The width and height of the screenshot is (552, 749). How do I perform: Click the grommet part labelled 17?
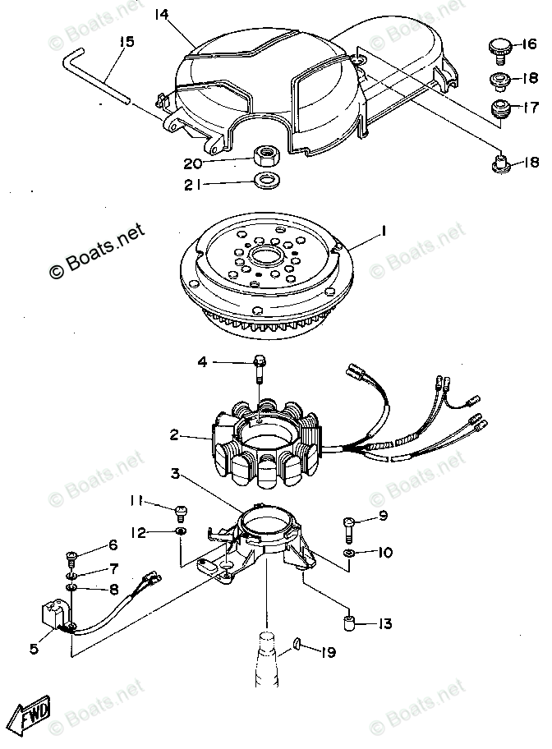click(498, 108)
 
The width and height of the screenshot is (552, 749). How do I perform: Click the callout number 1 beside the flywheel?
click(383, 234)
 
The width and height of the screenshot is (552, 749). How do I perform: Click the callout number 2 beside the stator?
click(173, 435)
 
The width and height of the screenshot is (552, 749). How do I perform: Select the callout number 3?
click(174, 474)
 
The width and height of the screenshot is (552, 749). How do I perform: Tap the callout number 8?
click(113, 589)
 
